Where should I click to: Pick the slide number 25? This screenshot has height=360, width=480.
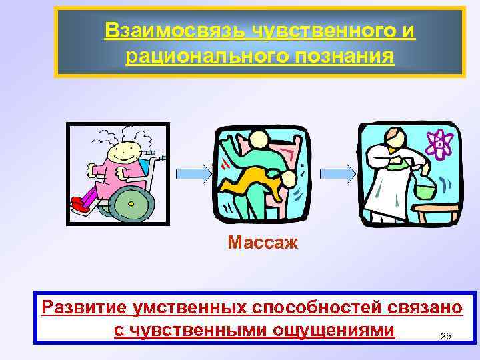click(x=447, y=336)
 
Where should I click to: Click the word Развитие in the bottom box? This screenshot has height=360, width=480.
click(x=84, y=307)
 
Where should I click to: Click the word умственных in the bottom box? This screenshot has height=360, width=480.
click(x=192, y=307)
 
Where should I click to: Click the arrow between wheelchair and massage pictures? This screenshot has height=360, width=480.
click(x=191, y=173)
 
